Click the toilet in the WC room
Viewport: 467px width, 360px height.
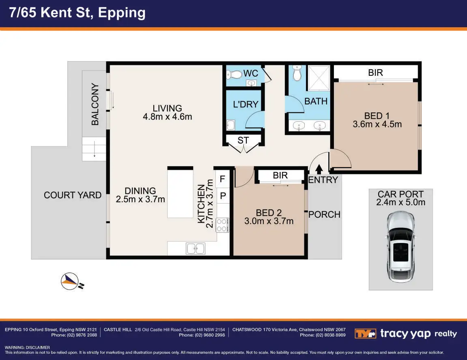pos(235,75)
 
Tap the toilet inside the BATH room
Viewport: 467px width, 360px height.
pos(297,73)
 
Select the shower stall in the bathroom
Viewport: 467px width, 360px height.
pos(319,78)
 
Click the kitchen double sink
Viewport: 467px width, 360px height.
pos(196,249)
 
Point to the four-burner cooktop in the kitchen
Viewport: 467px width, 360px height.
pos(222,225)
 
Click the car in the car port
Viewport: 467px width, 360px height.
pos(400,247)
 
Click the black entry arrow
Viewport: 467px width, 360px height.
pos(319,169)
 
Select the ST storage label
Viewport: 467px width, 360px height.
pos(243,140)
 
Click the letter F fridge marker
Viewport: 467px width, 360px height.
pos(222,179)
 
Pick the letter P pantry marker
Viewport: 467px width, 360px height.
pos(223,196)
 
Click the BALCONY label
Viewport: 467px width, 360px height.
pos(95,104)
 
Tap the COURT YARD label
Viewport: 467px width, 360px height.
pos(73,195)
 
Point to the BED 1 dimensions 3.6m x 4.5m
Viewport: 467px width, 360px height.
pos(377,124)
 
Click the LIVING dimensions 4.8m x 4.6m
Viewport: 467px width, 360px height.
pos(168,117)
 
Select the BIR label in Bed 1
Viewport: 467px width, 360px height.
pos(376,73)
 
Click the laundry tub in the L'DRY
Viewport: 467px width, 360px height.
pos(231,125)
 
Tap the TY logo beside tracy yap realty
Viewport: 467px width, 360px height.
pos(365,334)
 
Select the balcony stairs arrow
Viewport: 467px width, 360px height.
pos(95,149)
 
